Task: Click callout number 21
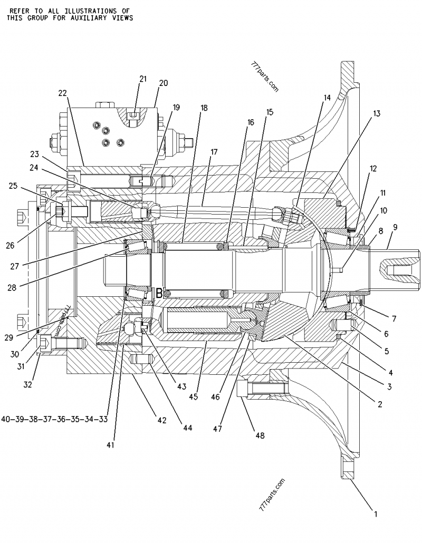point(142,79)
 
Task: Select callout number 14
point(327,98)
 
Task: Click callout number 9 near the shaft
point(395,227)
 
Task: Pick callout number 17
point(214,152)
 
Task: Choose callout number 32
point(27,384)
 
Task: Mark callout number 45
point(194,397)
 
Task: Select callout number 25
point(13,186)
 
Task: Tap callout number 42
point(161,420)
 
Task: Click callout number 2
point(379,405)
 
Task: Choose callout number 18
point(204,108)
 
